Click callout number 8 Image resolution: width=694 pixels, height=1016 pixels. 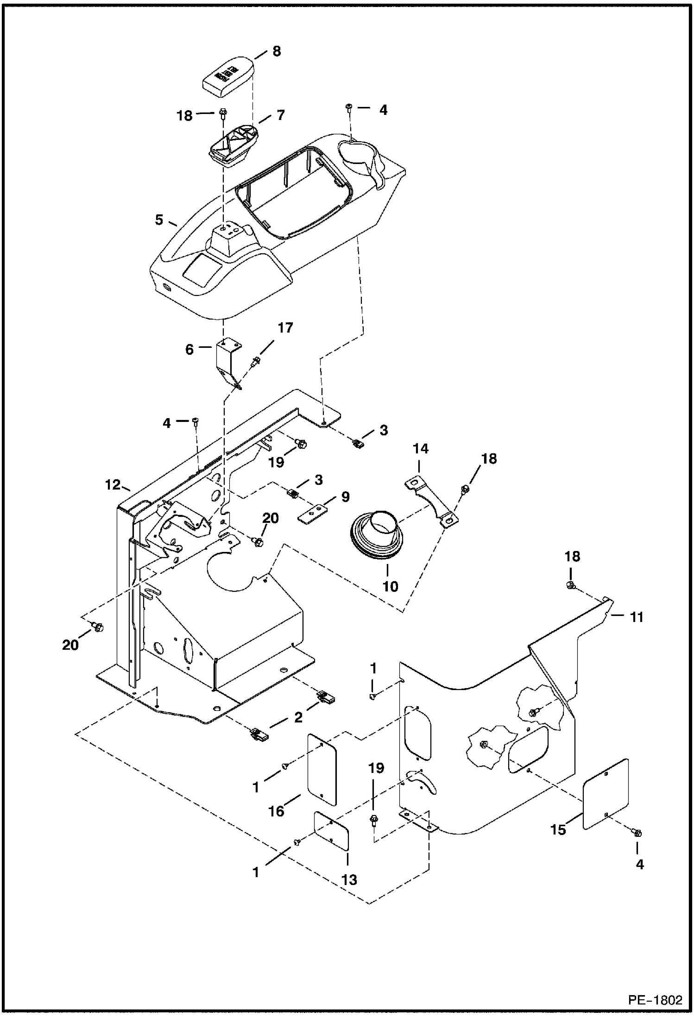coord(277,51)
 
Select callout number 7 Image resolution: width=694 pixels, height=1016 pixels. coord(280,115)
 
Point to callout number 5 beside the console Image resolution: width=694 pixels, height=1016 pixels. coord(159,220)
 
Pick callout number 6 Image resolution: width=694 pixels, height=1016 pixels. coord(189,349)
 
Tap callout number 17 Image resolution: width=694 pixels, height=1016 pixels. coord(285,328)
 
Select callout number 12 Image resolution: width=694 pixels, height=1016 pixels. coord(113,485)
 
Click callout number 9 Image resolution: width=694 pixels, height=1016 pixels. coord(345,497)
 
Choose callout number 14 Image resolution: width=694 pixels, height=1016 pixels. coord(421,449)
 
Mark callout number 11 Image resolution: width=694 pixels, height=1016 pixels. coord(637,617)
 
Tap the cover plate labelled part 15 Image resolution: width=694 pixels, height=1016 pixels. coord(606,794)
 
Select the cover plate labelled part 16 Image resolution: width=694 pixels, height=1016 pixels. coord(322,770)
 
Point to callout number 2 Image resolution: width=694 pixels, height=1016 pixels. coord(298,717)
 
